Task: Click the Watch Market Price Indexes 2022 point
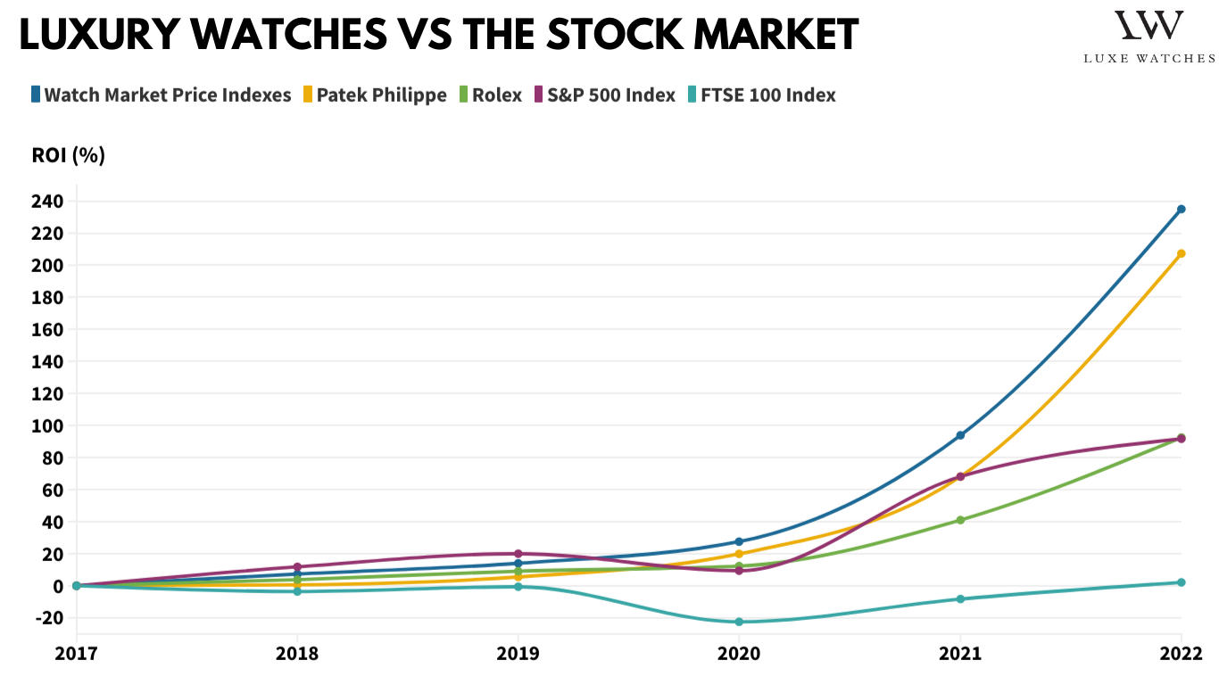coord(1182,210)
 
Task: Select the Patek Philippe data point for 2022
coord(1182,253)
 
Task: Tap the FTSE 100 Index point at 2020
coord(739,622)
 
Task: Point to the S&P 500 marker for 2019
coord(518,554)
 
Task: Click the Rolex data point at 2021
coord(960,520)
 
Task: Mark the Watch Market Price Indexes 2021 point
coord(960,435)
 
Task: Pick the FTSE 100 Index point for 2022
coord(1182,582)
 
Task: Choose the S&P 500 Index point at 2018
coord(296,566)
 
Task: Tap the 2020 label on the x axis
coord(739,654)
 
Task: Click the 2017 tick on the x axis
coord(76,654)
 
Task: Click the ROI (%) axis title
coord(69,155)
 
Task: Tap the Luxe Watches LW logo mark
coord(1149,25)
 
